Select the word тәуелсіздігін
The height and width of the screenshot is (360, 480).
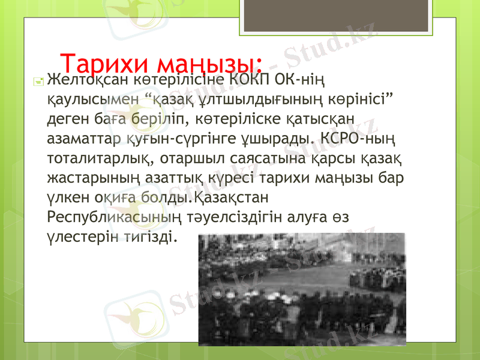(212, 218)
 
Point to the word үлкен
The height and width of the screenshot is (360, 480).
(65, 198)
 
